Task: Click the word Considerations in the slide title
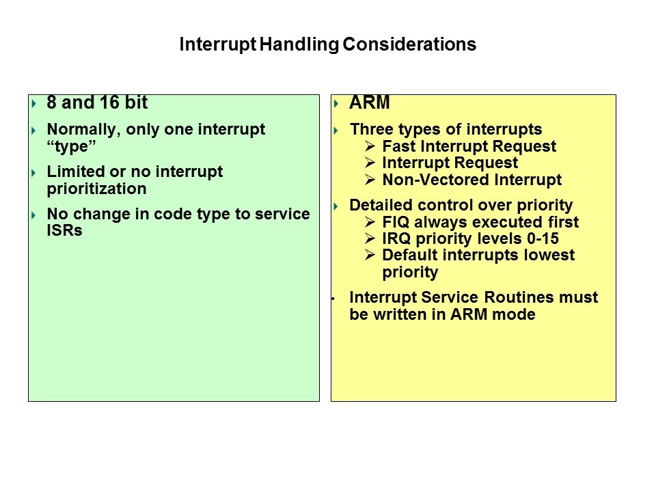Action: (409, 44)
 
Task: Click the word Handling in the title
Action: (299, 45)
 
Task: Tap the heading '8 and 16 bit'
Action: (97, 102)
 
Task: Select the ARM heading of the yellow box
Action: (370, 102)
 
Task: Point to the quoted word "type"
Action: (72, 147)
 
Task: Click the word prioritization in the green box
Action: (96, 189)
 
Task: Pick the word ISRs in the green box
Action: (64, 230)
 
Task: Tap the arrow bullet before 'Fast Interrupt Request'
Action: (370, 146)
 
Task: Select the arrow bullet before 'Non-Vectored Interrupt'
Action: (370, 180)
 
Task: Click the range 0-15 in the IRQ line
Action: (543, 238)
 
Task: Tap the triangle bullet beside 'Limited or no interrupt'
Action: (34, 173)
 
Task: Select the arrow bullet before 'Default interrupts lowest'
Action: (370, 255)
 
